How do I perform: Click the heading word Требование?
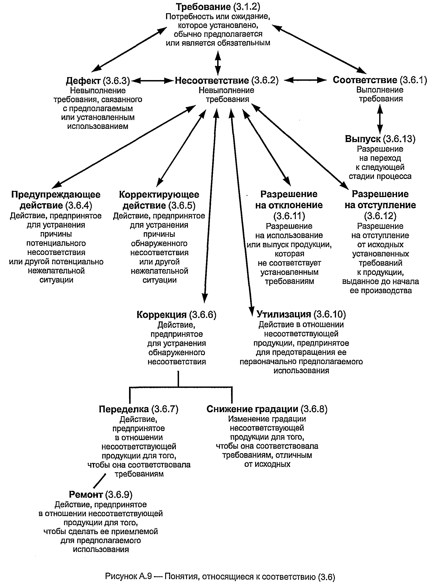point(203,7)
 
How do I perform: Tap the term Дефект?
point(83,81)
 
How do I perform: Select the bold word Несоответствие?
point(212,80)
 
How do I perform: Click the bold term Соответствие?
point(365,80)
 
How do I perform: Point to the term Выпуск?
point(363,139)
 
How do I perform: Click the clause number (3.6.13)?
point(399,139)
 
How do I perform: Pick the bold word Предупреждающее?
point(56,195)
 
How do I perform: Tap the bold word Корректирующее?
point(159,195)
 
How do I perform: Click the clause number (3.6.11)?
point(289,216)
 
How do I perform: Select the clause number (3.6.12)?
point(380,216)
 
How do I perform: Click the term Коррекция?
point(162,315)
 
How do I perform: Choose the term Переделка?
point(124,409)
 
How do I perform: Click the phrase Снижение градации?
point(252,409)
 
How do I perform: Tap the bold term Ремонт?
point(86,494)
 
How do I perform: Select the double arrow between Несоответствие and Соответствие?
point(305,80)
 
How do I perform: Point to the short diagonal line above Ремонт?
point(100,479)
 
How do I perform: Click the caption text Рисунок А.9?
point(128,576)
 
